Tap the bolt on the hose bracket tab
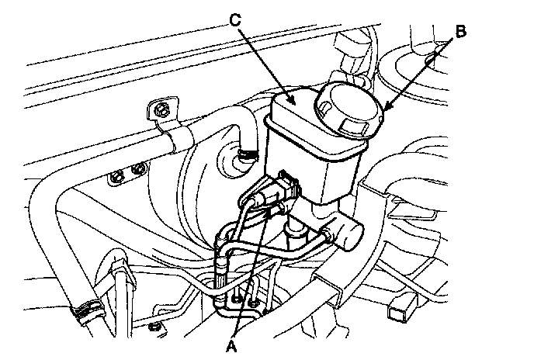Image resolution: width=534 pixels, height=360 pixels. [161, 111]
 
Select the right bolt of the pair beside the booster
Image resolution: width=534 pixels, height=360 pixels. [139, 168]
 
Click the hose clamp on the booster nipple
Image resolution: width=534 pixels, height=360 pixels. [246, 155]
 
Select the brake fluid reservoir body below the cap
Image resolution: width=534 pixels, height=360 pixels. [310, 155]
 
